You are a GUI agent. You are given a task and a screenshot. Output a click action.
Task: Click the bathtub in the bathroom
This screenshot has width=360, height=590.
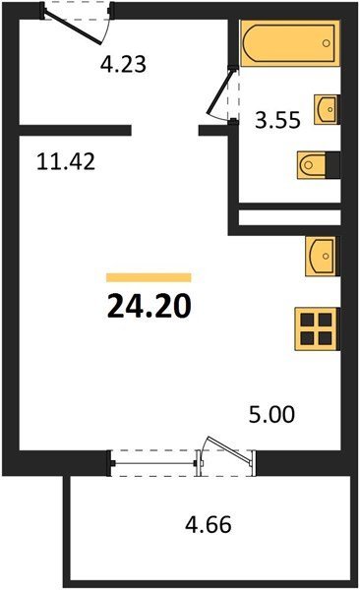(x=290, y=43)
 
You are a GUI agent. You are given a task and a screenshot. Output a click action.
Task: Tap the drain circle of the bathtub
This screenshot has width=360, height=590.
(x=327, y=43)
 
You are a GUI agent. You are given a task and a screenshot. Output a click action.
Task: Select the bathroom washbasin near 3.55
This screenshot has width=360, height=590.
(x=327, y=109)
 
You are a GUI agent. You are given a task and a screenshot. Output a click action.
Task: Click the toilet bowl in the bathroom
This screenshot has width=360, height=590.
(x=311, y=165)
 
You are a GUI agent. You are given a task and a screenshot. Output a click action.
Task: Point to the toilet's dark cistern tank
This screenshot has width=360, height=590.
(x=332, y=165)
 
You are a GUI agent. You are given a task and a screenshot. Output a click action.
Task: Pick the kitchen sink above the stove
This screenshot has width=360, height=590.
(x=322, y=257)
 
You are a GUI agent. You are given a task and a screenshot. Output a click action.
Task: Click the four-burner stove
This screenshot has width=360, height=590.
(x=317, y=328)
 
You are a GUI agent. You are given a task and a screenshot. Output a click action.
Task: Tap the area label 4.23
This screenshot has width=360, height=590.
(x=123, y=64)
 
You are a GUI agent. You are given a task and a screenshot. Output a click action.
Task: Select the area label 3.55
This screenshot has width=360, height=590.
(x=277, y=120)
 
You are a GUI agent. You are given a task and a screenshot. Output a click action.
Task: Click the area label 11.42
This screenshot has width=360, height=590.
(x=66, y=161)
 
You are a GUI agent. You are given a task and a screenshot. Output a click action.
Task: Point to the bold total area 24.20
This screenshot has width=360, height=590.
(x=150, y=306)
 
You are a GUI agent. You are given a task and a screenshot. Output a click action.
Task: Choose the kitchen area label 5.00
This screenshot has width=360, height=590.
(x=271, y=414)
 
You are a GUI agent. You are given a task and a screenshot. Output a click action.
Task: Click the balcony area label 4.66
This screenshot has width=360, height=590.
(x=209, y=524)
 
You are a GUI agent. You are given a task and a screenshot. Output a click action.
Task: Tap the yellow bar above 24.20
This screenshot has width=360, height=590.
(x=149, y=277)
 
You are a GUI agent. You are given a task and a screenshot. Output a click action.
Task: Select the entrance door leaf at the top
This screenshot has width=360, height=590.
(x=73, y=28)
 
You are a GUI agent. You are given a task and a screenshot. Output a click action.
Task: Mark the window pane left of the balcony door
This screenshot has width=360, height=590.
(x=154, y=463)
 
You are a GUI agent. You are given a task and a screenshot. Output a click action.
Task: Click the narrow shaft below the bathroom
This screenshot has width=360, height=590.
(x=289, y=217)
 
